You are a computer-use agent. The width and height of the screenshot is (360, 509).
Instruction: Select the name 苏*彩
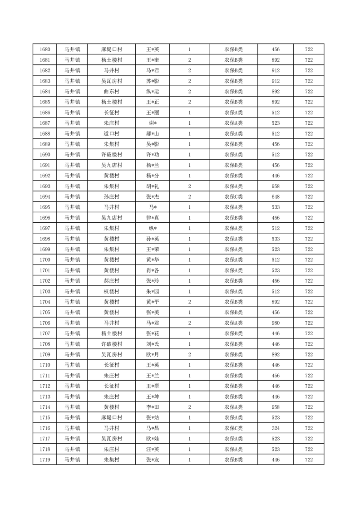(x=152, y=81)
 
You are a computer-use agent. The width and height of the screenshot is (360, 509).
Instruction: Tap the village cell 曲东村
(x=111, y=92)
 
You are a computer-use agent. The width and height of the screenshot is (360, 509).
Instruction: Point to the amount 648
(x=276, y=197)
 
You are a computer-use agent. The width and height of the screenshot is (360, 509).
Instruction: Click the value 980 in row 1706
(x=276, y=323)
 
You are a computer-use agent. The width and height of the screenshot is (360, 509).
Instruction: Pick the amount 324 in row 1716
(x=276, y=428)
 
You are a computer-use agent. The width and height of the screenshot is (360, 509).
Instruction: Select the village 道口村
(x=111, y=134)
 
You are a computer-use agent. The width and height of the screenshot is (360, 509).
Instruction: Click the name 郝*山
(x=152, y=134)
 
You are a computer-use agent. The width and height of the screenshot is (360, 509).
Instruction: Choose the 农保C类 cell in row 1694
(x=233, y=197)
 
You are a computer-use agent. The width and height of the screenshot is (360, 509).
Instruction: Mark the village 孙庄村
(x=111, y=197)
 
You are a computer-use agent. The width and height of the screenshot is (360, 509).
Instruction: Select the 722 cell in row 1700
(x=309, y=260)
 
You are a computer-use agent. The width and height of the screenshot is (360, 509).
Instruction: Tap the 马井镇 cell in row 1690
(x=72, y=155)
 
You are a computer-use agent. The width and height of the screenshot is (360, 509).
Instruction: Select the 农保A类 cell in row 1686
(x=233, y=113)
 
